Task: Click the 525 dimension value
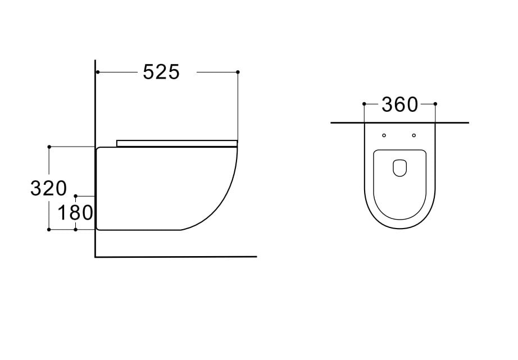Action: [161, 72]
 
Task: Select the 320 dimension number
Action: [48, 189]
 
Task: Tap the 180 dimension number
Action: [75, 213]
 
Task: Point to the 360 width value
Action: [399, 104]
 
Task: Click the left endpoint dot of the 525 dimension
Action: [98, 72]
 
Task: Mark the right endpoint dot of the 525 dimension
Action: [238, 72]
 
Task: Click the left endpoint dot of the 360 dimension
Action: [364, 104]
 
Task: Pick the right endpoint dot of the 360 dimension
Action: [435, 104]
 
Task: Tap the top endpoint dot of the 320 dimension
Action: [49, 147]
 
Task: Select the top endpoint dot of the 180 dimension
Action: [76, 196]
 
